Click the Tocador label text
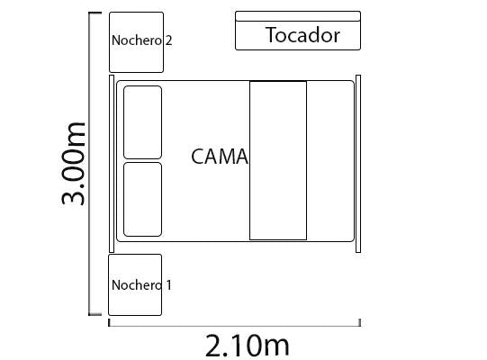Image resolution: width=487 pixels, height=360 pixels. pyautogui.click(x=302, y=35)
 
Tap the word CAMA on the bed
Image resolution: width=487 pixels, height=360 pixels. pyautogui.click(x=220, y=157)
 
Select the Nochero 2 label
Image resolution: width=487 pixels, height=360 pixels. pyautogui.click(x=141, y=40)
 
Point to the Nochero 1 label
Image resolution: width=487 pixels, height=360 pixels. pyautogui.click(x=141, y=285)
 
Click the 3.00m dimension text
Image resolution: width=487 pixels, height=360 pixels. pyautogui.click(x=73, y=164)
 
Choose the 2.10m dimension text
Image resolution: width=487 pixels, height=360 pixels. pyautogui.click(x=248, y=346)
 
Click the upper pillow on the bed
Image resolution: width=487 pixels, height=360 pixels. pyautogui.click(x=142, y=122)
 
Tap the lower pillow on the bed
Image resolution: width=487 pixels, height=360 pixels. pyautogui.click(x=142, y=200)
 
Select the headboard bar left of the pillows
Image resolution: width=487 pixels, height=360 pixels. pyautogui.click(x=112, y=164)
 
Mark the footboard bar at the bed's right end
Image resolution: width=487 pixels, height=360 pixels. pyautogui.click(x=358, y=164)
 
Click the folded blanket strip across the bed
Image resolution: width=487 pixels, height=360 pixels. pyautogui.click(x=278, y=160)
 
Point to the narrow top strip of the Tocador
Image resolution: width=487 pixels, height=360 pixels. pyautogui.click(x=298, y=16)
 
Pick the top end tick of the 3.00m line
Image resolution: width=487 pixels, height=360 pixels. pyautogui.click(x=95, y=13)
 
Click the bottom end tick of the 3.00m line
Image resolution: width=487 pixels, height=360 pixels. pyautogui.click(x=95, y=314)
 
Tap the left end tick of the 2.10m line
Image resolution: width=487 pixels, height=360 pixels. pyautogui.click(x=109, y=323)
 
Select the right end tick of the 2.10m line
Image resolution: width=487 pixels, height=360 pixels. pyautogui.click(x=360, y=323)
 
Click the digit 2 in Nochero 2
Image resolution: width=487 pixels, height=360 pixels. pyautogui.click(x=168, y=40)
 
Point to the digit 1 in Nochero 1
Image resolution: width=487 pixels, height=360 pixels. pyautogui.click(x=168, y=285)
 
